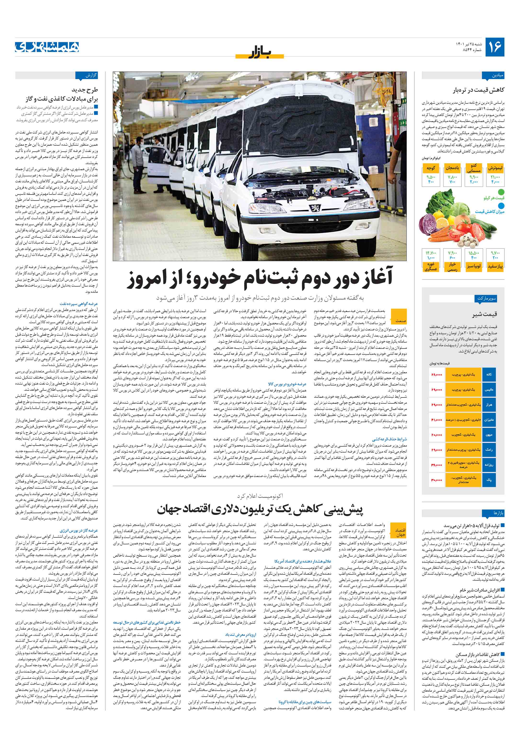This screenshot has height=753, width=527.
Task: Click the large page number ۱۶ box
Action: point(494,47)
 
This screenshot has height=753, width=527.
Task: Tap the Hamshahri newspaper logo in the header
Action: point(47,47)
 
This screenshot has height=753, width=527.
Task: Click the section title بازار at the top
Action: point(259,52)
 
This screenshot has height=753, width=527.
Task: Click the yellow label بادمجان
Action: point(452,168)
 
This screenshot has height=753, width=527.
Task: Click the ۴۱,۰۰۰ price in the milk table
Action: point(437,420)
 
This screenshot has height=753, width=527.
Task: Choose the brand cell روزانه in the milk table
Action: point(489,465)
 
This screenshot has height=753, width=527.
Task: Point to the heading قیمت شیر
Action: point(484,314)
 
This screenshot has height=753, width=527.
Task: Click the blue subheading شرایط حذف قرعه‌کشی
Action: point(389,439)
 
